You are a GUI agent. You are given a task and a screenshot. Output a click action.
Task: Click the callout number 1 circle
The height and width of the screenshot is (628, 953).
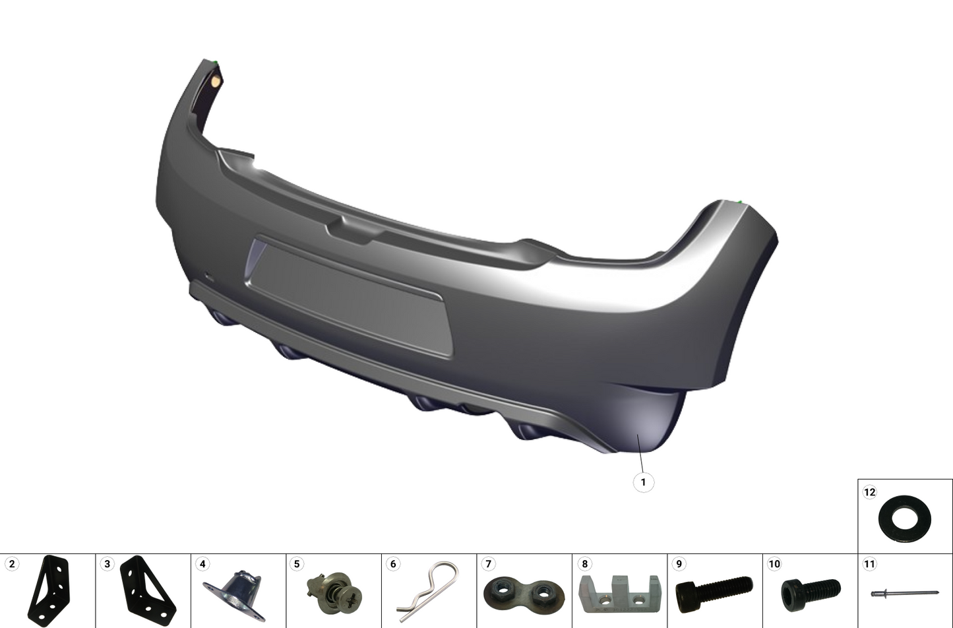[643, 482]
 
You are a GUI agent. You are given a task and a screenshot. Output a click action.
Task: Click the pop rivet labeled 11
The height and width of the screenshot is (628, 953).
[904, 594]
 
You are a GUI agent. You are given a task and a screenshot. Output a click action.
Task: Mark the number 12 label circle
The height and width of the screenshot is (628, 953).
[869, 492]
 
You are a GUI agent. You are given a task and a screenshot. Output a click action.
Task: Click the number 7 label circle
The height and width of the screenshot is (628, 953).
[488, 564]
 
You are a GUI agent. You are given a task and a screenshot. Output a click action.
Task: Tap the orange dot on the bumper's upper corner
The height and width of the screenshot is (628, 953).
[215, 81]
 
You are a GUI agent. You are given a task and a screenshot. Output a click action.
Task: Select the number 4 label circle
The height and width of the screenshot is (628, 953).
[202, 564]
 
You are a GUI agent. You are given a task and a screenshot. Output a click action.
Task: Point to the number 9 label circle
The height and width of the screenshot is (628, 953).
[679, 564]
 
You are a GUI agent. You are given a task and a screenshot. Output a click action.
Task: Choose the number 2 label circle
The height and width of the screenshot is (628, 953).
[12, 564]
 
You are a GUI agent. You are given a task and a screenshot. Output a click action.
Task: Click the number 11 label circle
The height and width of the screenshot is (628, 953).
[869, 564]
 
